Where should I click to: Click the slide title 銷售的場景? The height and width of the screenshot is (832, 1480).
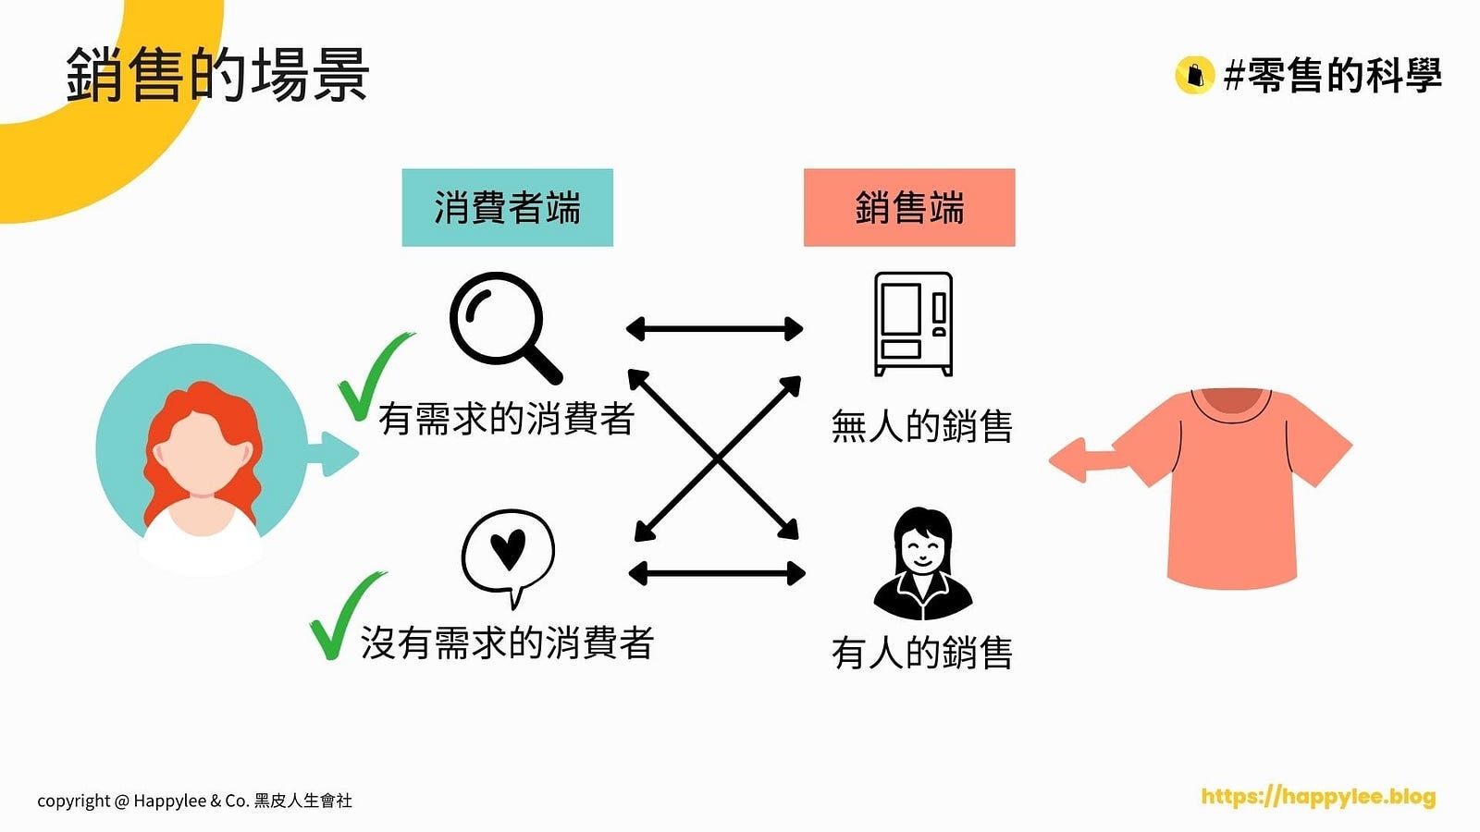point(217,74)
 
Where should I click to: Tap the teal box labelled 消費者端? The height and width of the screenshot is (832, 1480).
point(507,207)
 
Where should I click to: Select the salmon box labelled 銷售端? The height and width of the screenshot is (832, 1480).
point(909,207)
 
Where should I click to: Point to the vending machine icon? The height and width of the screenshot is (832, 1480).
point(913,324)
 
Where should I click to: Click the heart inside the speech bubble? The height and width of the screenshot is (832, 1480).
point(507,549)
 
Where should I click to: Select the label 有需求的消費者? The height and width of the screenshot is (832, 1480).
point(506,419)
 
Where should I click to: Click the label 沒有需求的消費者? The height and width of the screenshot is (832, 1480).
point(507,642)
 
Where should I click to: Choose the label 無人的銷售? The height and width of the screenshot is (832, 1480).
point(921,426)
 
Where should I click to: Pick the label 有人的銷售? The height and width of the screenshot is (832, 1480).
point(921,653)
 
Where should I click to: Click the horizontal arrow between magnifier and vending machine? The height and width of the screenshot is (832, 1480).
point(714,328)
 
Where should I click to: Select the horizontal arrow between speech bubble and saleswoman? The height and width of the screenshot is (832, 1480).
point(716,573)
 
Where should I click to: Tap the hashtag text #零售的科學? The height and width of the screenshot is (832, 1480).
point(1332,75)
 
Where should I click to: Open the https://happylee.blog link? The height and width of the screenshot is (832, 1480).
point(1318,796)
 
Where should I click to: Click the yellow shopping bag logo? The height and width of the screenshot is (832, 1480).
point(1194,75)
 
